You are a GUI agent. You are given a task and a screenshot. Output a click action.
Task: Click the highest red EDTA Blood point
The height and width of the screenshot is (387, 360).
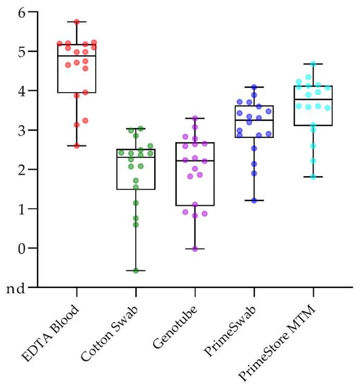[x=77, y=22]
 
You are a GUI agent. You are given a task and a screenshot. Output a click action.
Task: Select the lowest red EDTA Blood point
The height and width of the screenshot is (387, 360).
[x=77, y=146]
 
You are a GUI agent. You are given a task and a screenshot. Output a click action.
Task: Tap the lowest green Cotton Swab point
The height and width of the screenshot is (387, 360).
[x=136, y=270]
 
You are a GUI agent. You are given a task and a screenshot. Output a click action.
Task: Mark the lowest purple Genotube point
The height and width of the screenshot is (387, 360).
[x=195, y=249]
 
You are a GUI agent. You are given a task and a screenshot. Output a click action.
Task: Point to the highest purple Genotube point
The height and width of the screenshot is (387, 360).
[x=195, y=119]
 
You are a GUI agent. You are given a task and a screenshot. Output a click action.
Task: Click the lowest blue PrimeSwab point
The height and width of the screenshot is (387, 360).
[x=254, y=200]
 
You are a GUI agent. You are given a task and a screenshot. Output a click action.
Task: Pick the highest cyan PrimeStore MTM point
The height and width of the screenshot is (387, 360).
[x=313, y=64]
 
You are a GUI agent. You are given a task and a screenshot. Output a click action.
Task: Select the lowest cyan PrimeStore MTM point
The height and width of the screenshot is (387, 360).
[x=313, y=177]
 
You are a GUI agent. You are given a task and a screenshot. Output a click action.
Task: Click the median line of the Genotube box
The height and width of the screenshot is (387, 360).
[x=195, y=161]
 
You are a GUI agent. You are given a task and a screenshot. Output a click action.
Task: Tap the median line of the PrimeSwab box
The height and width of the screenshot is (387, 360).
[x=254, y=120]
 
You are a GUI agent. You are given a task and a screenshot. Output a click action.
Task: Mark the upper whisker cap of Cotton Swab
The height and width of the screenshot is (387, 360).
[x=136, y=129]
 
